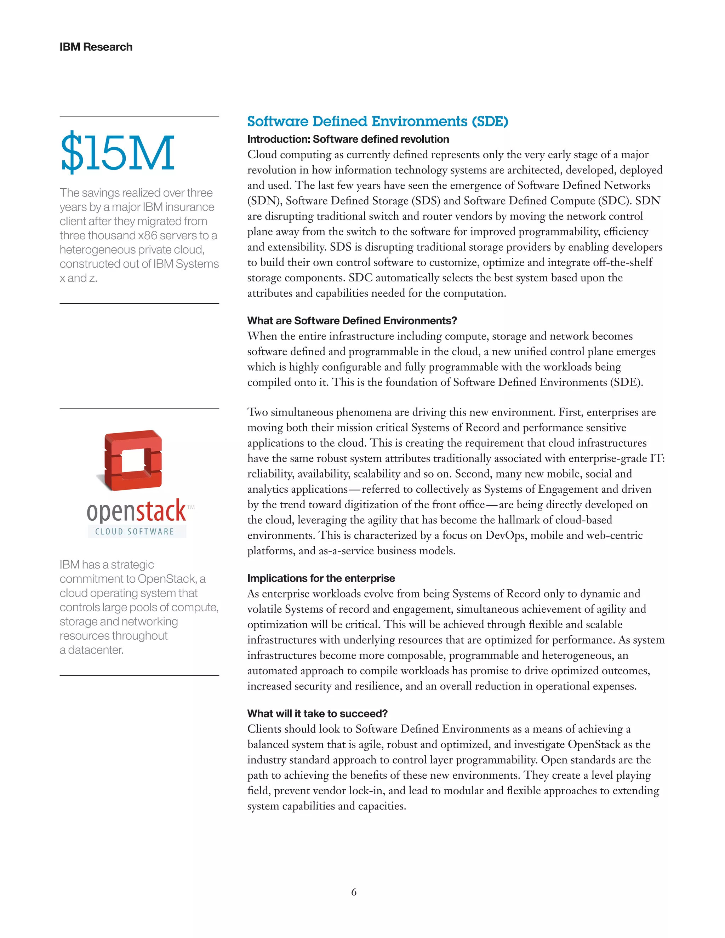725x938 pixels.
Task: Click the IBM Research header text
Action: [x=96, y=47]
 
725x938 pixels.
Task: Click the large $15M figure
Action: [x=117, y=153]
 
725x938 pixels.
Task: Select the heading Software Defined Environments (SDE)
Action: [x=377, y=121]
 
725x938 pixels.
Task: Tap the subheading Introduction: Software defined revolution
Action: [x=348, y=139]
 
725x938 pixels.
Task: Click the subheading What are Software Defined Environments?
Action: [x=352, y=321]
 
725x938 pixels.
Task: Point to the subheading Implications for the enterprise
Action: [x=321, y=578]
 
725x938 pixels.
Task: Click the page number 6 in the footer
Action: [x=354, y=892]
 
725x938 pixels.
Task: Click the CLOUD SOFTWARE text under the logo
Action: [x=135, y=532]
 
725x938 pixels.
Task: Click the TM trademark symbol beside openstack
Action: [x=191, y=507]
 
